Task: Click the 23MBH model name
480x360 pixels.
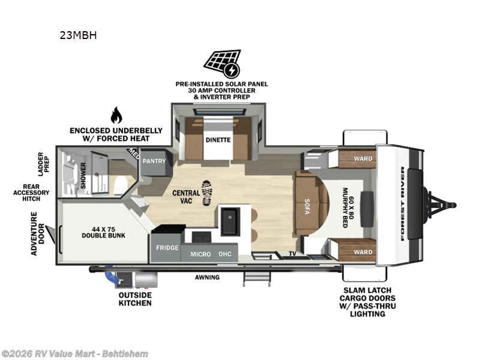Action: (78, 35)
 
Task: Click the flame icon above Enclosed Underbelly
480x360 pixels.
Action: (116, 115)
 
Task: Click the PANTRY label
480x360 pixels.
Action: (154, 161)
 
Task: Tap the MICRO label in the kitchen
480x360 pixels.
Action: (201, 254)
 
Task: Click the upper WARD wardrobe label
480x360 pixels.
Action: (362, 159)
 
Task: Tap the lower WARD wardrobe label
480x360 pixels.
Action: (362, 252)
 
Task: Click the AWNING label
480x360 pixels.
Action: (207, 277)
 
